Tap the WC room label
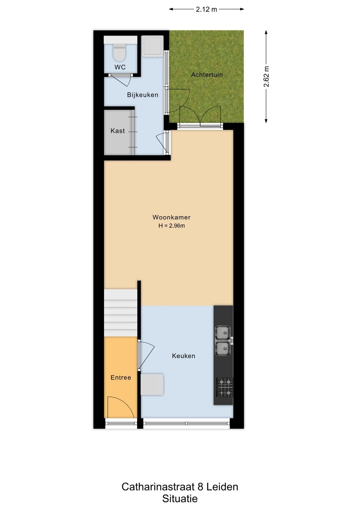pyautogui.click(x=120, y=67)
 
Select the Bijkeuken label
pyautogui.click(x=143, y=95)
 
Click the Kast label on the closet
pyautogui.click(x=118, y=131)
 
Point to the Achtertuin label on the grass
pyautogui.click(x=207, y=75)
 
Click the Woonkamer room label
pyautogui.click(x=171, y=217)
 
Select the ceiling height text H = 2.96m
pyautogui.click(x=171, y=226)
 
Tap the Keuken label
pyautogui.click(x=183, y=356)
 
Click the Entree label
pyautogui.click(x=121, y=378)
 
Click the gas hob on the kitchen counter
pyautogui.click(x=224, y=387)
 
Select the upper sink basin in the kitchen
pyautogui.click(x=222, y=333)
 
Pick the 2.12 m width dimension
pyautogui.click(x=206, y=9)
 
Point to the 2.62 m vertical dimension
pyautogui.click(x=266, y=77)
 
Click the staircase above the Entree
pyautogui.click(x=121, y=313)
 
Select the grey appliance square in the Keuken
pyautogui.click(x=152, y=384)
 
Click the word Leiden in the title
pyautogui.click(x=222, y=487)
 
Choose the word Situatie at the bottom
pyautogui.click(x=180, y=499)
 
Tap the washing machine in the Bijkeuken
pyautogui.click(x=152, y=46)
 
